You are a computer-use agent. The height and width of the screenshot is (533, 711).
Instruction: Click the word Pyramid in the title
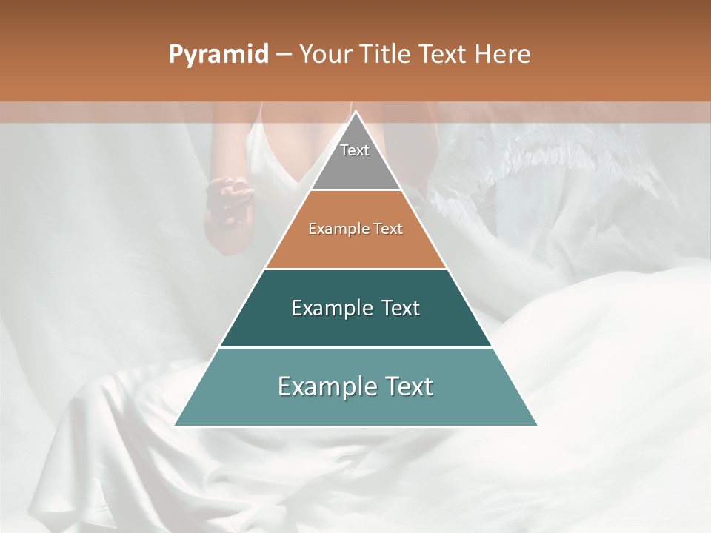[218, 55]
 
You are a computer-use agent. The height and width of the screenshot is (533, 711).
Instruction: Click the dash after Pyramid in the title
[284, 55]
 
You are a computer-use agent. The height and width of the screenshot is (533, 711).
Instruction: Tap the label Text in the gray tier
[355, 150]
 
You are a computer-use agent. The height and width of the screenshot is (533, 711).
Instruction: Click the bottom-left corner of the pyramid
[175, 426]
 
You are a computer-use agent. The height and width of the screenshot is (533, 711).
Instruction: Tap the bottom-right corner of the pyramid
[537, 426]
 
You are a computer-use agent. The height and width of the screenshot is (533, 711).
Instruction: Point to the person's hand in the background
[227, 200]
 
